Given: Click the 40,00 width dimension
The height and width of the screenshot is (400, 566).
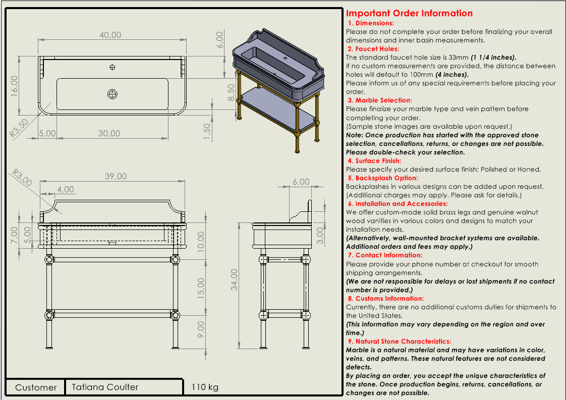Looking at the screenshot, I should tap(110, 35).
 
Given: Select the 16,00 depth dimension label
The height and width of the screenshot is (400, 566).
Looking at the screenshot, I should tap(15, 86).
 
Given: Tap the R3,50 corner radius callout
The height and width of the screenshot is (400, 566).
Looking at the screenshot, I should tap(19, 128).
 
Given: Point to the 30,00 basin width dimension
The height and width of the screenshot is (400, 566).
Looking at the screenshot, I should tap(109, 134).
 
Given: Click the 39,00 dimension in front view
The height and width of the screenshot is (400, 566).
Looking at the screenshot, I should tap(116, 177).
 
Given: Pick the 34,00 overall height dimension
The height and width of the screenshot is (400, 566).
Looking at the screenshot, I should tap(234, 279).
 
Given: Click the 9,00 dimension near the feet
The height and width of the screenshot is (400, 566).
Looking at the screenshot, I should tap(201, 329).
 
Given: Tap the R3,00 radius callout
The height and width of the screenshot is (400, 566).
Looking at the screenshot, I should tap(22, 177).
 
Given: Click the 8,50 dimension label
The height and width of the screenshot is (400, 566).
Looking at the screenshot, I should tap(232, 93).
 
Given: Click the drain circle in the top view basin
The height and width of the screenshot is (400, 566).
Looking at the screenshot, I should tap(112, 94).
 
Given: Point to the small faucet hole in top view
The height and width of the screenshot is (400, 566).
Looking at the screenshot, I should tap(112, 67).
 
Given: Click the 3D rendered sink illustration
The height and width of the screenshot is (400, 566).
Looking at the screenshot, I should tap(275, 86).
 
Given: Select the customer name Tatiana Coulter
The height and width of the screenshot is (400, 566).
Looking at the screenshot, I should tap(105, 387).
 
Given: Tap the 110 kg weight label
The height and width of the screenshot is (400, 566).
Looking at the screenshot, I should tap(205, 387).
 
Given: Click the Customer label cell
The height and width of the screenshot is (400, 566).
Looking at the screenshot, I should tap(36, 387).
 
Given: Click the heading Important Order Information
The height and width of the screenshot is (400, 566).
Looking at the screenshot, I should tap(409, 14).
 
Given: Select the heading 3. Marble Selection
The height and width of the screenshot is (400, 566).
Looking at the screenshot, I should tap(379, 100).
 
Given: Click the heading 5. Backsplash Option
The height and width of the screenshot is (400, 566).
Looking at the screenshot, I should tap(382, 178).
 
